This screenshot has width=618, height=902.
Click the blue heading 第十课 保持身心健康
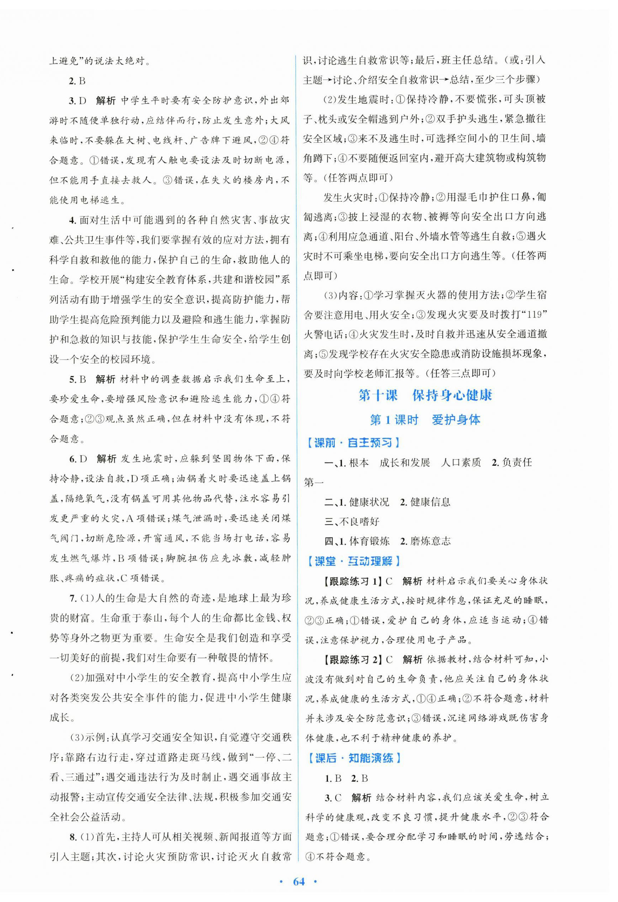tap(425, 395)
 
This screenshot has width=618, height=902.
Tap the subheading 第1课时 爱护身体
tap(425, 420)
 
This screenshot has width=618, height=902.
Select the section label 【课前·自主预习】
tap(352, 442)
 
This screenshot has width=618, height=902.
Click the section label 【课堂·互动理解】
tap(352, 561)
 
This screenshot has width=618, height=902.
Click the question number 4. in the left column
tap(72, 220)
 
